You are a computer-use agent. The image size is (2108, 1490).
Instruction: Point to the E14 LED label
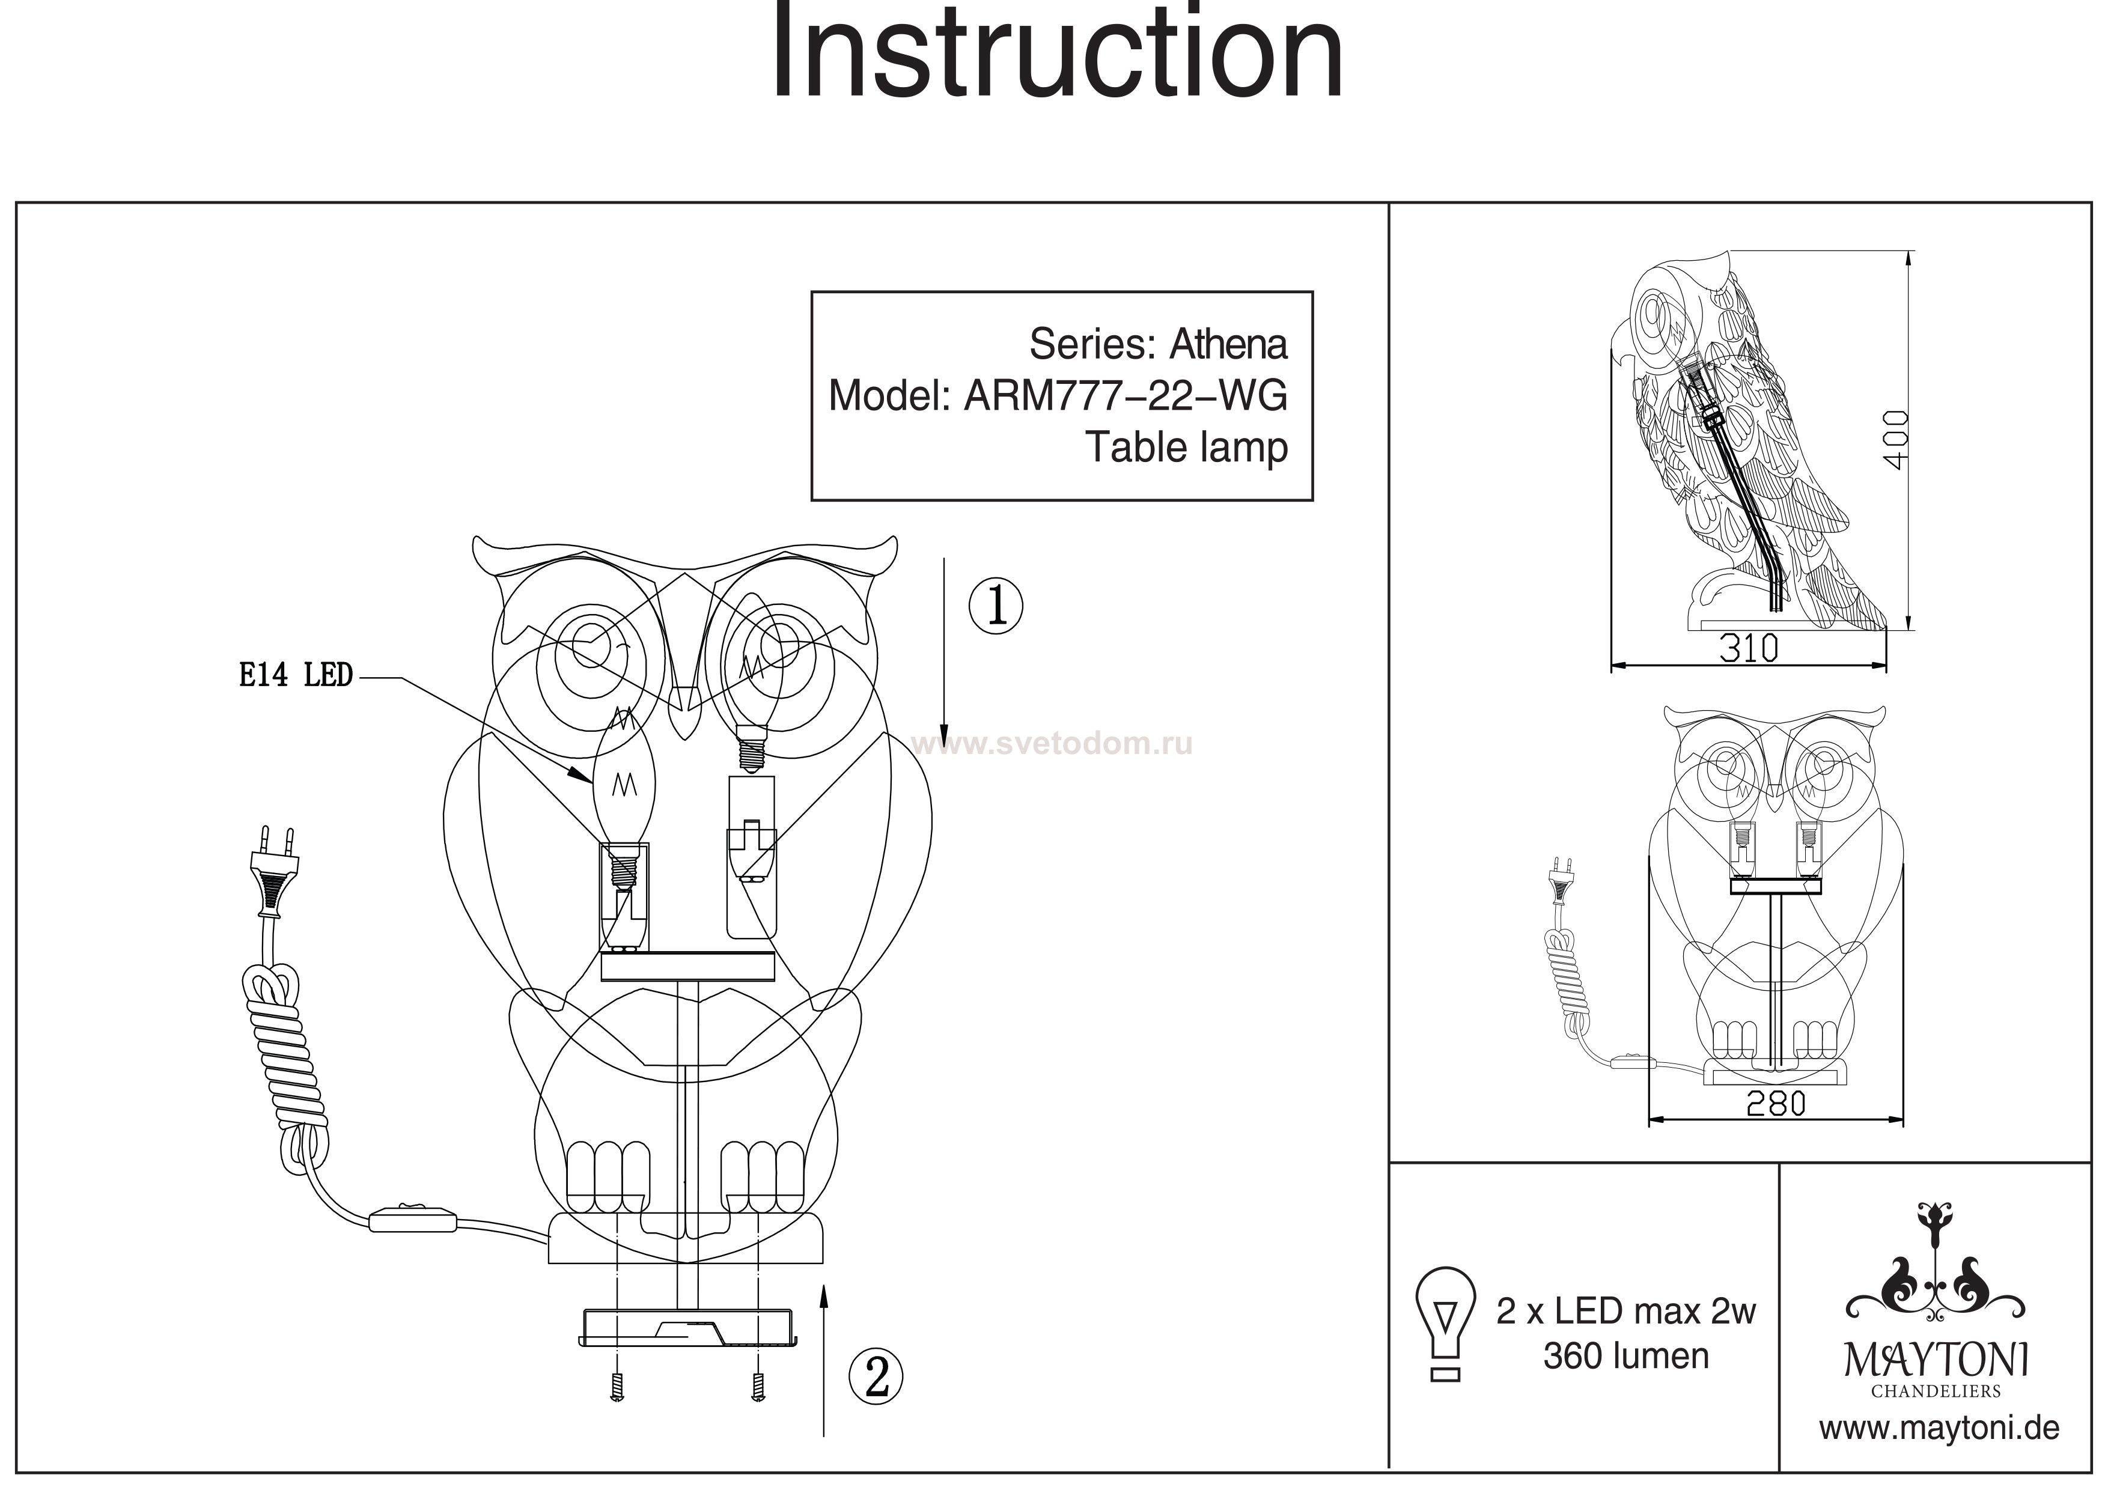(x=296, y=677)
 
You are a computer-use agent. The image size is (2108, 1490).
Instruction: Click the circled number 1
(x=996, y=607)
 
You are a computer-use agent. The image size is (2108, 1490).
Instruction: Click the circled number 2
(x=877, y=1377)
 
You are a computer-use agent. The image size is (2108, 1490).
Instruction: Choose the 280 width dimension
(x=1776, y=1104)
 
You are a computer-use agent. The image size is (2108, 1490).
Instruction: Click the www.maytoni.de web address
(x=1939, y=1429)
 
